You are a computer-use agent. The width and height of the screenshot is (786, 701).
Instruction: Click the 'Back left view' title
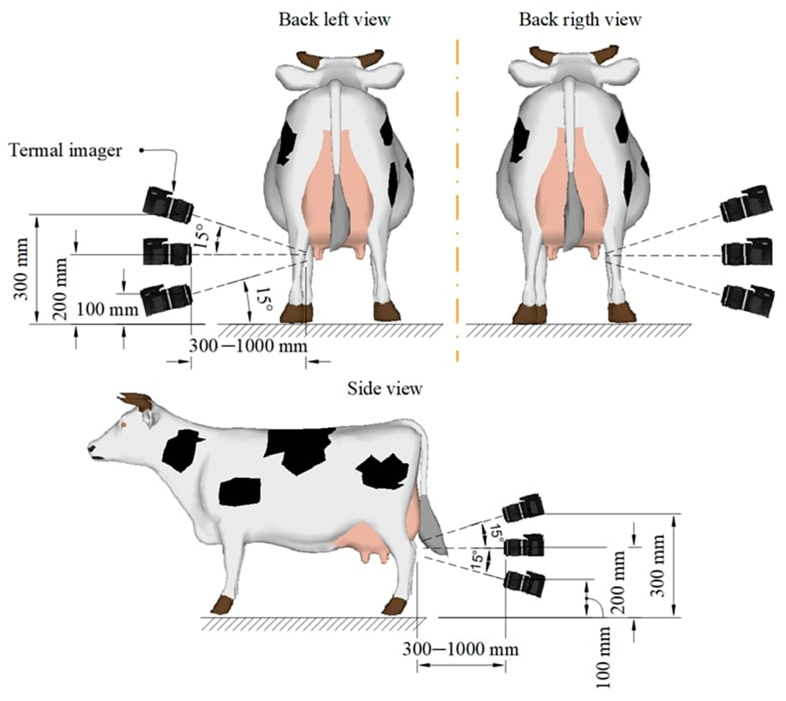click(335, 20)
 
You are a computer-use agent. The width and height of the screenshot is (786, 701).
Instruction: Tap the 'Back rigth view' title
click(580, 20)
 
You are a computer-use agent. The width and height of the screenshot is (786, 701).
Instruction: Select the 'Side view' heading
click(384, 389)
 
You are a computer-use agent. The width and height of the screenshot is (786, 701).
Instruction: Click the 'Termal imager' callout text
click(66, 151)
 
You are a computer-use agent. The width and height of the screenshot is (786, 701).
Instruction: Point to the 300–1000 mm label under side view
click(460, 650)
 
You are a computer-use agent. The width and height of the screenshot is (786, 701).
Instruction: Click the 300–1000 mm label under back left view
click(248, 346)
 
